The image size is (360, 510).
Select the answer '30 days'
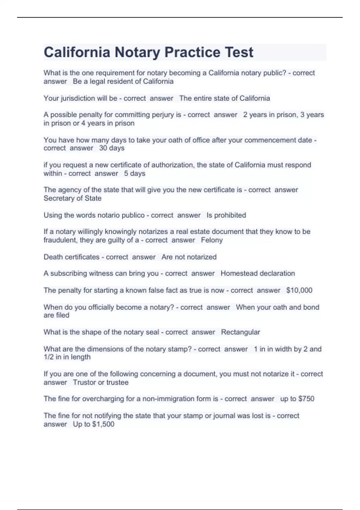(112, 148)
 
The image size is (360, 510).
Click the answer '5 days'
(135, 173)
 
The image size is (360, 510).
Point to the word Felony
(212, 240)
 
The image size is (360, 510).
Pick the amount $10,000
(299, 290)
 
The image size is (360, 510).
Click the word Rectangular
(240, 332)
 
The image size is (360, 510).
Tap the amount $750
(306, 399)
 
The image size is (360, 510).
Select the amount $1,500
(103, 424)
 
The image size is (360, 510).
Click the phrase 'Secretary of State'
(72, 198)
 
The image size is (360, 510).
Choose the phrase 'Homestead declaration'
(258, 273)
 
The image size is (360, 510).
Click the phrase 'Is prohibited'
(226, 215)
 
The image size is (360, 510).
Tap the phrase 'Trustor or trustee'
(100, 382)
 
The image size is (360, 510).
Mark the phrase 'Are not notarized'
(189, 257)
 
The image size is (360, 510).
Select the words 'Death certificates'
(71, 257)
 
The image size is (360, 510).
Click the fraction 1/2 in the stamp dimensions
(48, 357)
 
